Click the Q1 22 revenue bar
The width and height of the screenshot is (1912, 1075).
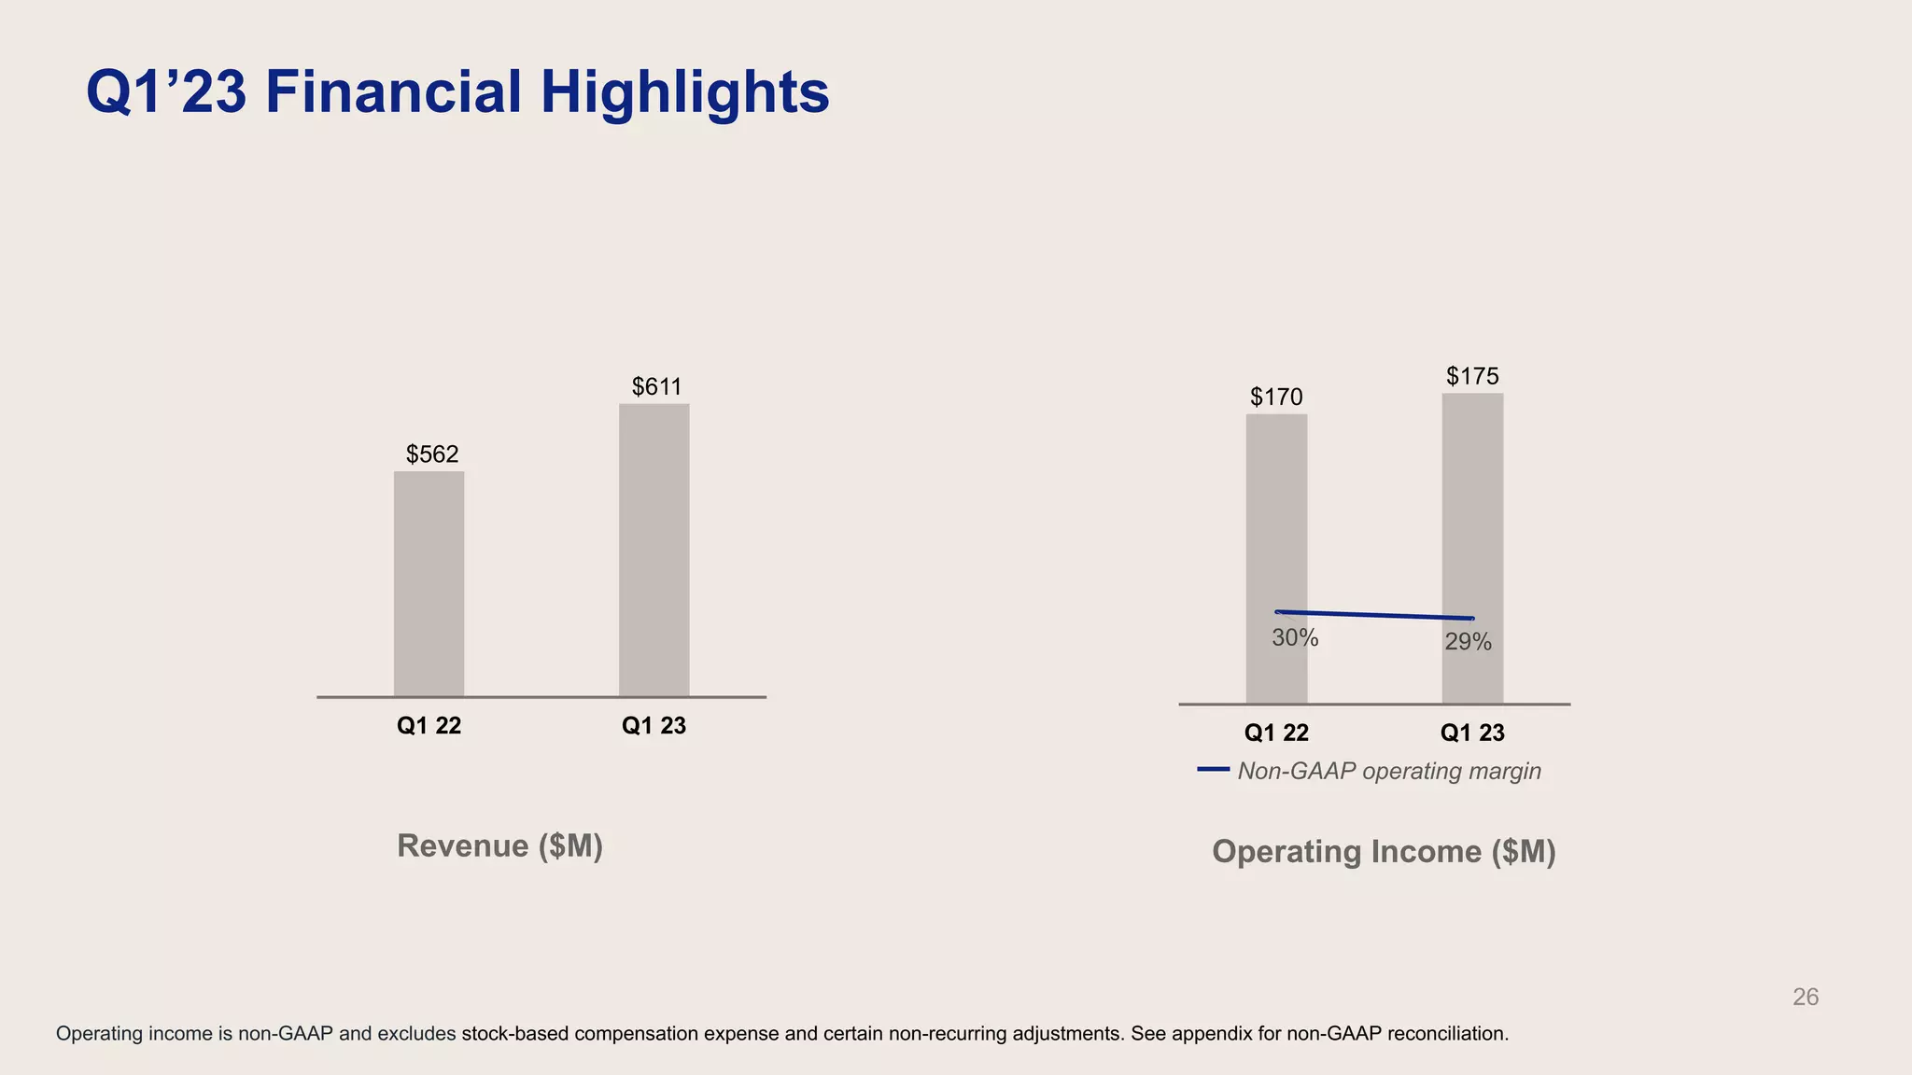tap(429, 583)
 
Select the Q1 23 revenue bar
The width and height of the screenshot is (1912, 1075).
tap(654, 550)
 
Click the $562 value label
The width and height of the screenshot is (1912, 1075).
tap(432, 454)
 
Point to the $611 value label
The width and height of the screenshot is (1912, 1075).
tap(656, 386)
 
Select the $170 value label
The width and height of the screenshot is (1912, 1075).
tap(1276, 398)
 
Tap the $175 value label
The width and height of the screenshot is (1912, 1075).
tap(1472, 376)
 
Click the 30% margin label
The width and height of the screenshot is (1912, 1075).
tap(1295, 638)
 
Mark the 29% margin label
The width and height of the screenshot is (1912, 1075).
tap(1468, 642)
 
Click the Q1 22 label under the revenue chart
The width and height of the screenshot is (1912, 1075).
tap(429, 726)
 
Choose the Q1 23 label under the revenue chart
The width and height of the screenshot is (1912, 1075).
tap(654, 726)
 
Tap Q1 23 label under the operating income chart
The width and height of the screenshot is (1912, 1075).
tap(1472, 733)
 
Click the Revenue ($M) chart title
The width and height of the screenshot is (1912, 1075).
tap(499, 845)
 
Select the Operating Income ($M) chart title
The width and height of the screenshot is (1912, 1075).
tap(1384, 851)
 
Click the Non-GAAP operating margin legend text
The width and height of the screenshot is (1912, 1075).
tap(1388, 772)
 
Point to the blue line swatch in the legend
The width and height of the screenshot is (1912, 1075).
tap(1213, 769)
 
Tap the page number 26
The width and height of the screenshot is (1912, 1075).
tap(1805, 998)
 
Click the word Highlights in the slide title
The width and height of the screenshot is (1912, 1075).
tap(684, 92)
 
